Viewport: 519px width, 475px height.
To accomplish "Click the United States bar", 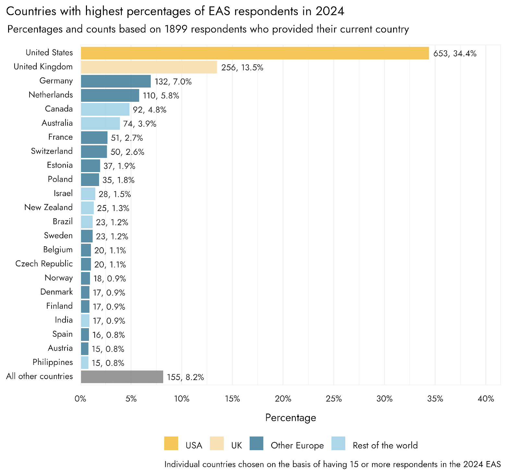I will pyautogui.click(x=255, y=53).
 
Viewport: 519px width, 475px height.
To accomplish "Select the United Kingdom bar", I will pyautogui.click(x=149, y=67).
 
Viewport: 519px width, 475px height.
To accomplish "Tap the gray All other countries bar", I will pyautogui.click(x=122, y=377).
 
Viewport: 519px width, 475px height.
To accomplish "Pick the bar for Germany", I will pyautogui.click(x=116, y=81).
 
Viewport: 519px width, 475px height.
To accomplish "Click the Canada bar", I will pyautogui.click(x=105, y=110).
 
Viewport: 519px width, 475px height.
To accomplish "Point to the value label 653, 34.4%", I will pyautogui.click(x=455, y=53).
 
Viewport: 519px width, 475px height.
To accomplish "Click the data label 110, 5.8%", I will pyautogui.click(x=161, y=96).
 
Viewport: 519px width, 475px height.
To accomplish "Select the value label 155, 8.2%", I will pyautogui.click(x=185, y=377).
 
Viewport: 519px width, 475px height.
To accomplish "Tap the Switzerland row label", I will pyautogui.click(x=52, y=151).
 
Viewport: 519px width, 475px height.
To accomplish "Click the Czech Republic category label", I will pyautogui.click(x=44, y=264).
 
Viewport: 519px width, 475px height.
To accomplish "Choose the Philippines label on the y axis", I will pyautogui.click(x=53, y=362).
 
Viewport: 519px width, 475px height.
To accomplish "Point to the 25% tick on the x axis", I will pyautogui.click(x=334, y=399).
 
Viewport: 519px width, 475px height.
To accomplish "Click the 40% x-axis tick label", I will pyautogui.click(x=486, y=399).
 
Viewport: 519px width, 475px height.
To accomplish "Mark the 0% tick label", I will pyautogui.click(x=80, y=399).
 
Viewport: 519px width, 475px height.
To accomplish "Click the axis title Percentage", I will pyautogui.click(x=290, y=418).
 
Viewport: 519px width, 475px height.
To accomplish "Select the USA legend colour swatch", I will pyautogui.click(x=171, y=444).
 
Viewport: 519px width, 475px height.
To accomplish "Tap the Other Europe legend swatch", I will pyautogui.click(x=256, y=444).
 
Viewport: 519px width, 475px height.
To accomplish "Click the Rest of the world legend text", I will pyautogui.click(x=385, y=446).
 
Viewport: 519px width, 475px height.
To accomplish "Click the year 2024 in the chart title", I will pyautogui.click(x=330, y=11).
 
